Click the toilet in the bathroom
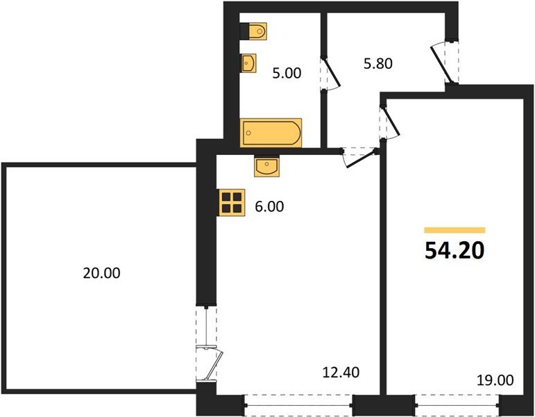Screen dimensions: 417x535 [255, 31]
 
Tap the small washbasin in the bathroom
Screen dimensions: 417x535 [249, 63]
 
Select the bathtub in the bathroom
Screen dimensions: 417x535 [271, 132]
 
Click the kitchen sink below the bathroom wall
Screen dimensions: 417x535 [266, 166]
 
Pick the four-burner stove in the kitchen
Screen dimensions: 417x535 [232, 202]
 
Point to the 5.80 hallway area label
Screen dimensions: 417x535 [378, 64]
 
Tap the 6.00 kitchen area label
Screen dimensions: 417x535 [270, 206]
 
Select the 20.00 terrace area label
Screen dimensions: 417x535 [101, 273]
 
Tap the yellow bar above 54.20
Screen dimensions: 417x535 [455, 229]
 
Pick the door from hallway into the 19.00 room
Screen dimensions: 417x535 [388, 121]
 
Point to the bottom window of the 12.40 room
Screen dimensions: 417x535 [298, 402]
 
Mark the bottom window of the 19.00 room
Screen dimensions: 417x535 [457, 402]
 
